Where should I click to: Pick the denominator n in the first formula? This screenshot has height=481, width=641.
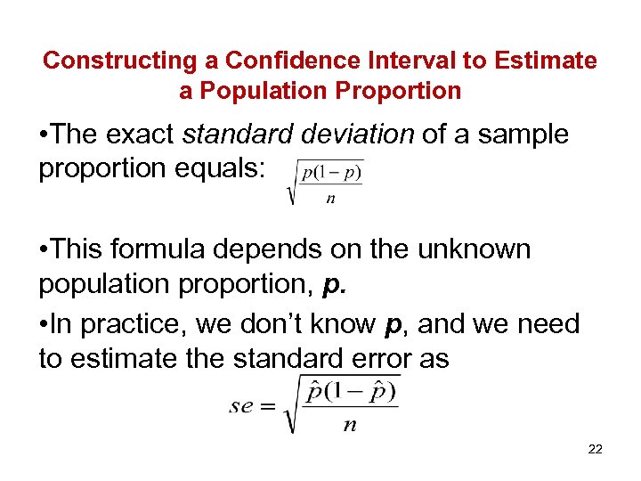331,199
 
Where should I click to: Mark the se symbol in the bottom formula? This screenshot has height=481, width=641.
241,406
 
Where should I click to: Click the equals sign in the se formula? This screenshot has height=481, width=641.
267,406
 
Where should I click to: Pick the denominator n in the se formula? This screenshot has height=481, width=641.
350,425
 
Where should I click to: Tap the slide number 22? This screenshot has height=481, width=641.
595,450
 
